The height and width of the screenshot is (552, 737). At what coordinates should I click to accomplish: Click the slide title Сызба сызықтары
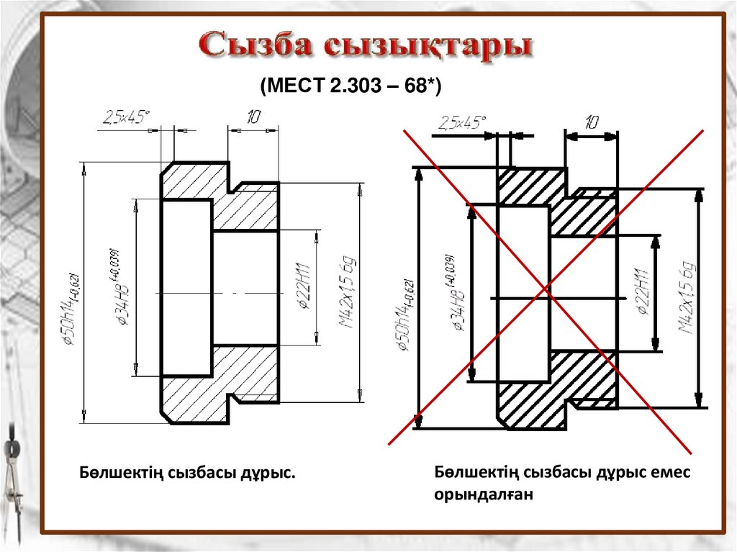click(x=366, y=46)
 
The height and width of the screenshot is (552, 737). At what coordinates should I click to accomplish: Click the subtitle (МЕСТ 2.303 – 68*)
click(x=350, y=86)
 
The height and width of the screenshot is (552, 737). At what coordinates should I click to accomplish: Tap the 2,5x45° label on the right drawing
click(x=460, y=122)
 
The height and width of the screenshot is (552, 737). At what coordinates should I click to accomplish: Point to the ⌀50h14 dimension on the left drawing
click(x=75, y=309)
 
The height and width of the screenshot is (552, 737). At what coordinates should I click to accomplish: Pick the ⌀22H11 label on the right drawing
click(x=641, y=292)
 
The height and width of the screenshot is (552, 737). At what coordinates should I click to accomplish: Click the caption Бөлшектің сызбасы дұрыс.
click(x=187, y=474)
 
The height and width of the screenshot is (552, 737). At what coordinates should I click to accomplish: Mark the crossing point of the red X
click(x=546, y=291)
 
